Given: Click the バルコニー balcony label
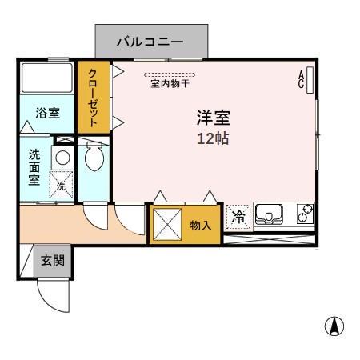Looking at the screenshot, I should (151, 39).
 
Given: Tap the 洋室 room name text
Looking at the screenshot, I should (214, 118).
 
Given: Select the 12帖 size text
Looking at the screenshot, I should (214, 138).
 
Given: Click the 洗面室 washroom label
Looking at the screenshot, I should (35, 166).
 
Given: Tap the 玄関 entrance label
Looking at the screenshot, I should (53, 260).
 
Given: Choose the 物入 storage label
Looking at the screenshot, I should (201, 226).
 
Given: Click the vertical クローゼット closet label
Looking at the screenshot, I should (94, 95).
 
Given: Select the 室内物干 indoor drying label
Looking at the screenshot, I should (168, 82).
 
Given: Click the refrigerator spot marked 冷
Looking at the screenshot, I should (238, 214).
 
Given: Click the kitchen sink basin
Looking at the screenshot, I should (270, 214).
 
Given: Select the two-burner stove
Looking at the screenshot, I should (305, 214).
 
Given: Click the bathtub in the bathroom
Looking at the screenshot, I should (46, 78).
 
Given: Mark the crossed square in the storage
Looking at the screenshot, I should (167, 224).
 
